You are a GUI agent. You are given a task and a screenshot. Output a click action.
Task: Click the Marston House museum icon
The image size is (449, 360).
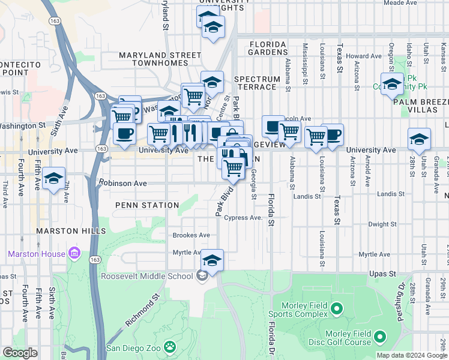tap(74, 254)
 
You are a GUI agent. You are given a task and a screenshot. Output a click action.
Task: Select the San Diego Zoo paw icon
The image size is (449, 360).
tap(171, 347)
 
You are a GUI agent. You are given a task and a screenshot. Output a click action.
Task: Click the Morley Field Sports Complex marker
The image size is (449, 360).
tap(336, 310)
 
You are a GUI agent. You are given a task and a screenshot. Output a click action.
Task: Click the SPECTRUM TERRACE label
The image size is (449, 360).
tap(258, 83)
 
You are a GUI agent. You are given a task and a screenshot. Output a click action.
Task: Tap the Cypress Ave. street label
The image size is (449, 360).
tap(243, 218)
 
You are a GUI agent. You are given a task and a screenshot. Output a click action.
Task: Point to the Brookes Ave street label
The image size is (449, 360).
tap(191, 235)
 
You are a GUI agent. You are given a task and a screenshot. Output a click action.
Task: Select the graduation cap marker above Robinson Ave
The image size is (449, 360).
tap(53, 178)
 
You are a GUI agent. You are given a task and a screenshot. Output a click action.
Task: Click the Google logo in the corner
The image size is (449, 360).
tap(19, 353)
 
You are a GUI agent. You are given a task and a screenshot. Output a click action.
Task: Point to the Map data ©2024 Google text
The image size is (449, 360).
tap(411, 355)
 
